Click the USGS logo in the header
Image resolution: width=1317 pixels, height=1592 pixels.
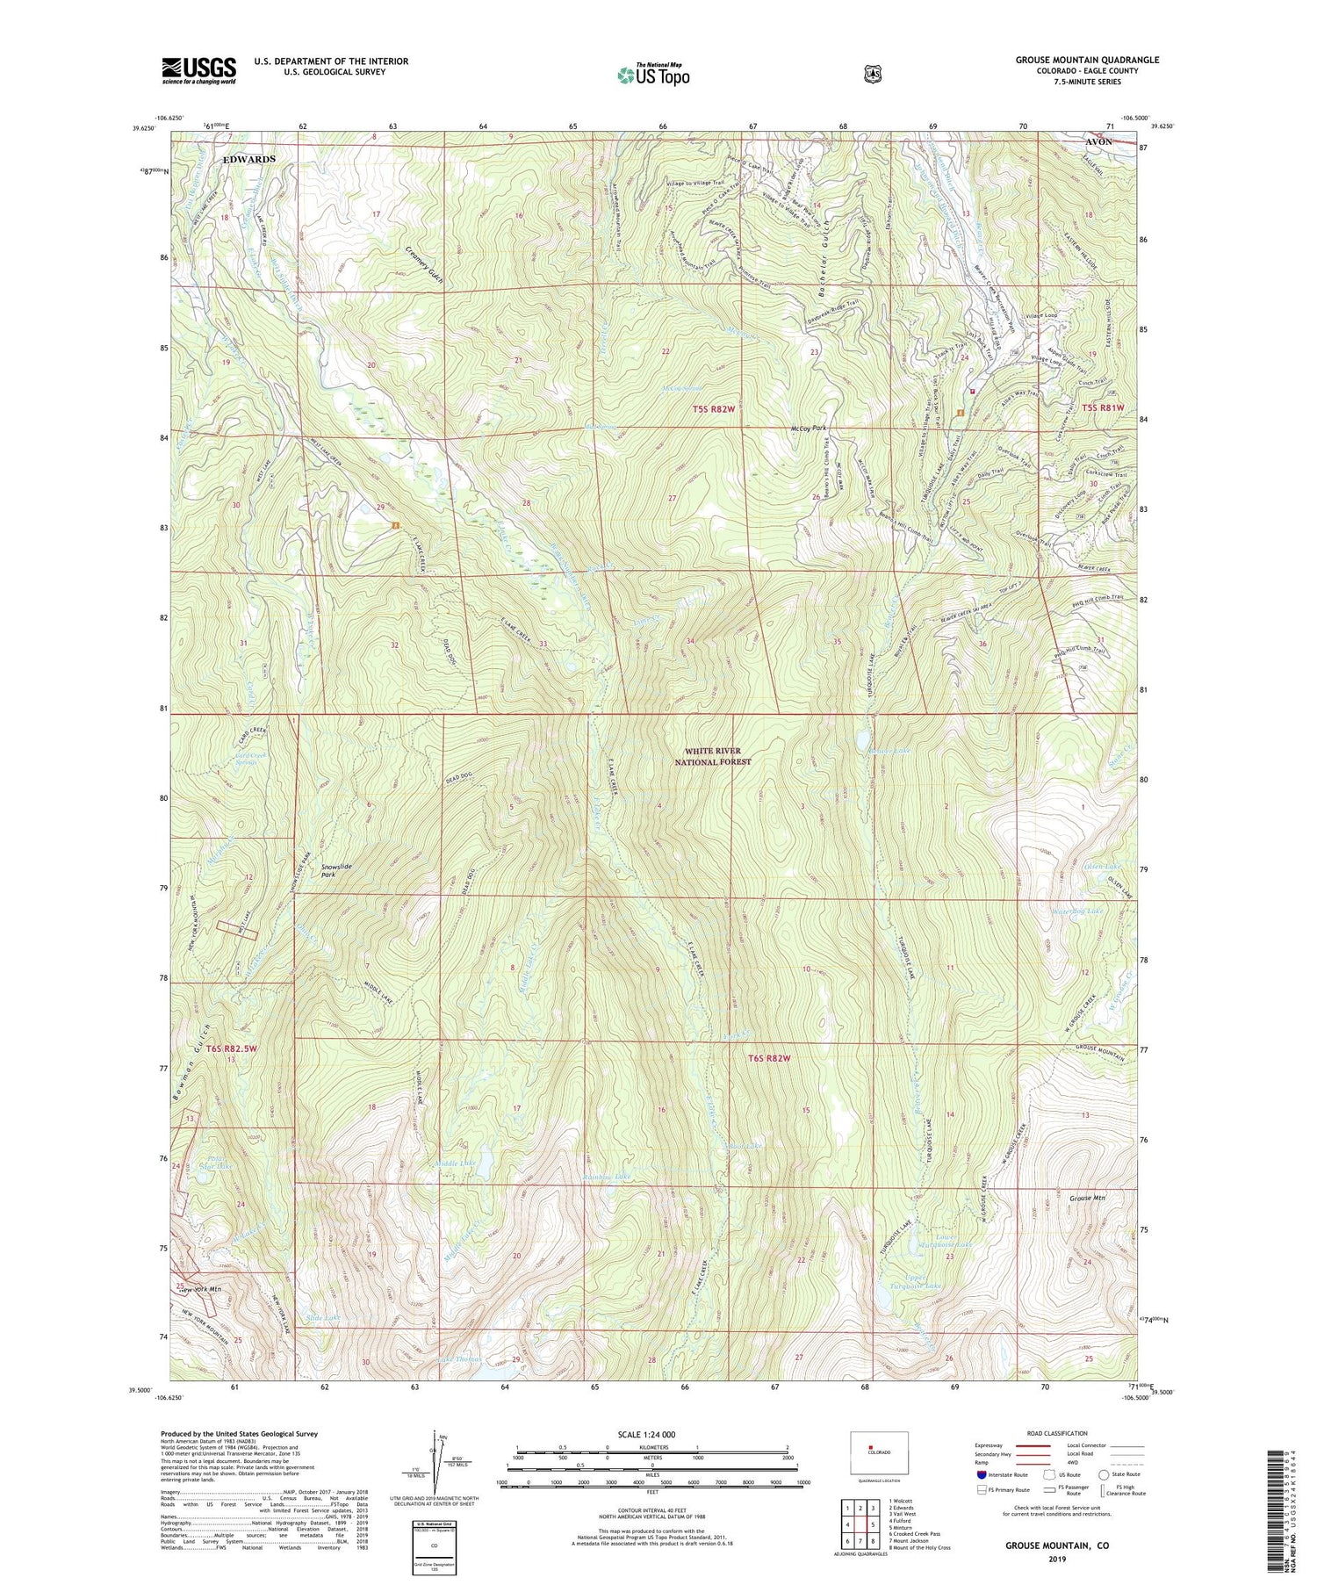198,70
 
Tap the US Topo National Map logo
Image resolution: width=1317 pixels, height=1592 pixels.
653,75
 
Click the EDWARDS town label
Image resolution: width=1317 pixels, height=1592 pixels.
248,160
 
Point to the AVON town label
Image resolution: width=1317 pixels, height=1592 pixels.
1098,141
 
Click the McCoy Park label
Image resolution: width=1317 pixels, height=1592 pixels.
809,429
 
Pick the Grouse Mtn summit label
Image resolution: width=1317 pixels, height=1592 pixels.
1088,1198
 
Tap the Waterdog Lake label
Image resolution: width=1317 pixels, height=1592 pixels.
1076,911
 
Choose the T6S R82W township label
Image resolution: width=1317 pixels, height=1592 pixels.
764,1058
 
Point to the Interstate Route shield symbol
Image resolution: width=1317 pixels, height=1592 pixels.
982,1475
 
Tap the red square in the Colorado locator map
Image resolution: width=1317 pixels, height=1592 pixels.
871,1447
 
